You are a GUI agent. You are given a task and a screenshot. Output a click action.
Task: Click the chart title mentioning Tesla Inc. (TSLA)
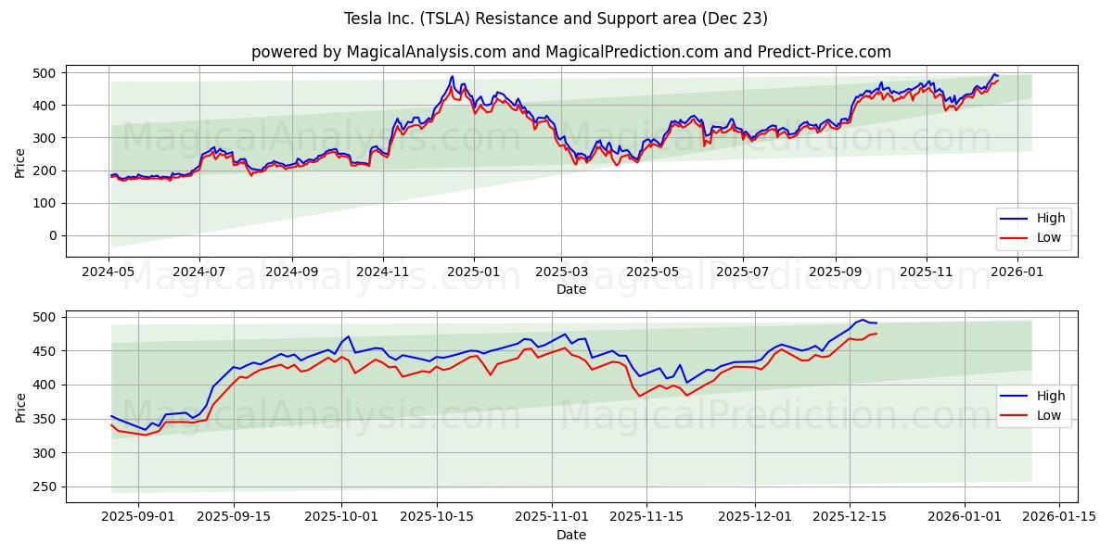tap(556, 19)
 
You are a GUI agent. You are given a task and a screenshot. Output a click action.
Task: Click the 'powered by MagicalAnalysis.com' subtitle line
tap(570, 52)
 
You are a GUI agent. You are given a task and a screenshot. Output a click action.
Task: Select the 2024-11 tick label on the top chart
tap(382, 272)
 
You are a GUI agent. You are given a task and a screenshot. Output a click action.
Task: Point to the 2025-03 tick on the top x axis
tap(561, 272)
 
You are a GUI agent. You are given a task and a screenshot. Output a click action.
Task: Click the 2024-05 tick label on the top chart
tap(109, 272)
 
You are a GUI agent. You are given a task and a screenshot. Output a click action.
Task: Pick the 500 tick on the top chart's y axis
tap(44, 73)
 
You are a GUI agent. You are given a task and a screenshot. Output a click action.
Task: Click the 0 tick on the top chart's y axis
tap(52, 235)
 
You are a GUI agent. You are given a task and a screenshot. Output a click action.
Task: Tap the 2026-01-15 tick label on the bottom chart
tap(1060, 517)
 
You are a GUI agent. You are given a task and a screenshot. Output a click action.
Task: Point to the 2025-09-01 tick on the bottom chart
tap(138, 517)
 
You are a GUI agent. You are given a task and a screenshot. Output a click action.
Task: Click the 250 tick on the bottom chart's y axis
tap(44, 486)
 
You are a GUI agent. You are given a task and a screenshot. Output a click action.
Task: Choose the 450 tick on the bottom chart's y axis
tap(44, 351)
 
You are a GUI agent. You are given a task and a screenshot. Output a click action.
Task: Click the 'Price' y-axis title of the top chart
tap(20, 162)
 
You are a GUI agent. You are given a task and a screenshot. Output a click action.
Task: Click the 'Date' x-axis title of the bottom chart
tap(570, 535)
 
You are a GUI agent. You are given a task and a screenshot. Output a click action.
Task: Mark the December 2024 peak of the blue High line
tap(453, 76)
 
